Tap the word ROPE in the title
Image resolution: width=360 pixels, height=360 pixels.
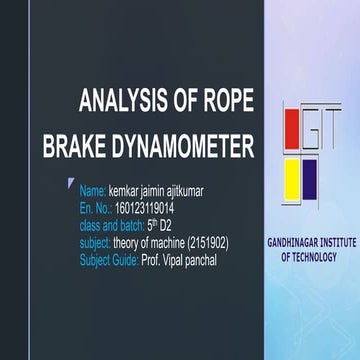pyautogui.click(x=222, y=102)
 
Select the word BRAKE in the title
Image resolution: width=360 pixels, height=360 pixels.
pyautogui.click(x=76, y=149)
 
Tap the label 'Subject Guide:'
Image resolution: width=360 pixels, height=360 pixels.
pyautogui.click(x=107, y=260)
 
